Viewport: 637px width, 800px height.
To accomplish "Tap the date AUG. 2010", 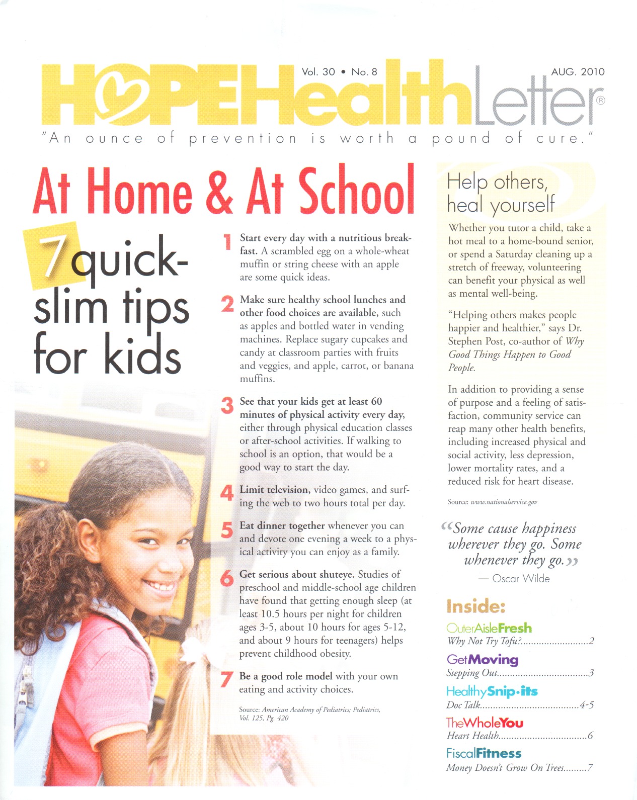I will point(578,71).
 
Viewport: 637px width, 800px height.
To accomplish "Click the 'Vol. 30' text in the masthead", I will point(318,72).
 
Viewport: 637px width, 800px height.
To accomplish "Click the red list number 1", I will point(227,242).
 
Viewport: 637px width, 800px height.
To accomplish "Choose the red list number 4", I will point(227,493).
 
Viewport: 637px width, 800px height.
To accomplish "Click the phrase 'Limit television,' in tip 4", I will point(274,490).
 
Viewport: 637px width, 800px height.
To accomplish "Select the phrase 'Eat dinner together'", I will point(282,525).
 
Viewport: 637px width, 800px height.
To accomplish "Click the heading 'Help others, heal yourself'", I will point(500,193).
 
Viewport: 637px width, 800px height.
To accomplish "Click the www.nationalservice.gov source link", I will point(504,502).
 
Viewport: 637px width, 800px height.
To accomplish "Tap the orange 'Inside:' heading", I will point(475,606).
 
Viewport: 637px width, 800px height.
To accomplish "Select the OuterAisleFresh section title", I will point(489,628).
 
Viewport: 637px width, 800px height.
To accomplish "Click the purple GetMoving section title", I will point(482,659).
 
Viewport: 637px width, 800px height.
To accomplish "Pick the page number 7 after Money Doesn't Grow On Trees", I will point(590,768).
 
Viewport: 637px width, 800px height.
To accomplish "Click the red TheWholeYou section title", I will point(485,723).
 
